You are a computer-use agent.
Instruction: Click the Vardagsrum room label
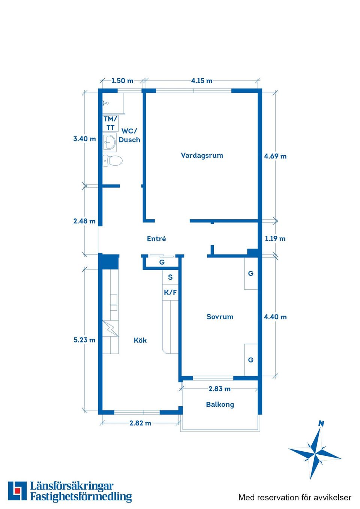[202, 156]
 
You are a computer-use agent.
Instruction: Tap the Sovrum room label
[220, 317]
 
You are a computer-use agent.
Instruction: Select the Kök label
[140, 340]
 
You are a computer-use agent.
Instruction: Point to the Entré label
[156, 239]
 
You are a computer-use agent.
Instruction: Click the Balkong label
[220, 405]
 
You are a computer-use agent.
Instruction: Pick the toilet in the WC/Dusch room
[112, 161]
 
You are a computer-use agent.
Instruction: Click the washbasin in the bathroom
[109, 142]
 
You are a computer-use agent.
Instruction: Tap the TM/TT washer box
[110, 123]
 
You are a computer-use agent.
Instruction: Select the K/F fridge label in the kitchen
[170, 292]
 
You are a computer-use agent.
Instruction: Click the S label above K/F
[170, 277]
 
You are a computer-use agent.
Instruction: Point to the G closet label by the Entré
[162, 262]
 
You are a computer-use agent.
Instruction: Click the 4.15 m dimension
[202, 81]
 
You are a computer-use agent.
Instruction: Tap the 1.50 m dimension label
[122, 81]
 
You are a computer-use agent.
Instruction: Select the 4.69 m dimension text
[275, 156]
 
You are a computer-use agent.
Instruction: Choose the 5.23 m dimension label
[84, 340]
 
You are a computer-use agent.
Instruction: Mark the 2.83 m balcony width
[219, 389]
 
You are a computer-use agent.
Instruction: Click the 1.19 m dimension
[275, 239]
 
